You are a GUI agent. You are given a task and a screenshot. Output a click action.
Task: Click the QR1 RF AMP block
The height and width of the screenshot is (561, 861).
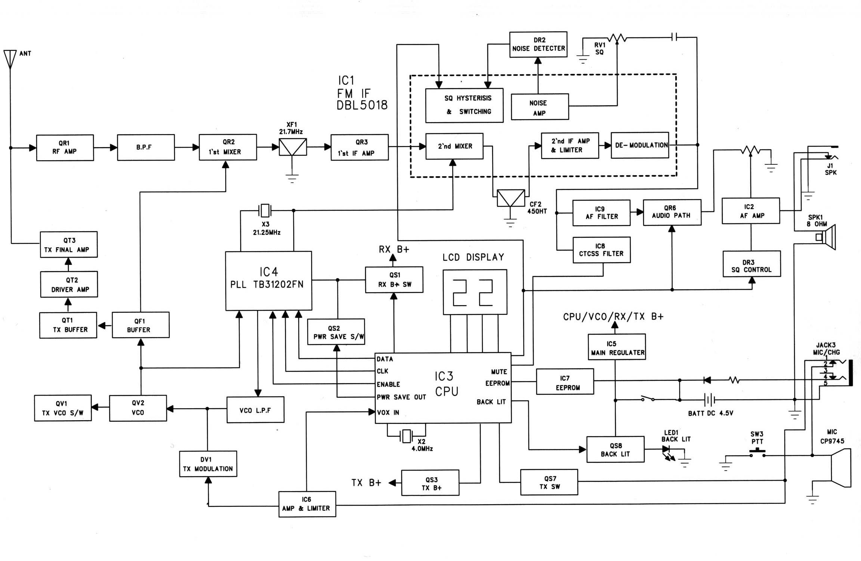[x=65, y=148]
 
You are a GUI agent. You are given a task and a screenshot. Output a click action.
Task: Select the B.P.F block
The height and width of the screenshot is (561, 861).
[x=146, y=148]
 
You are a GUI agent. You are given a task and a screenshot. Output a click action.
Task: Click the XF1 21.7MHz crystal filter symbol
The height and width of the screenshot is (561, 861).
[x=293, y=147]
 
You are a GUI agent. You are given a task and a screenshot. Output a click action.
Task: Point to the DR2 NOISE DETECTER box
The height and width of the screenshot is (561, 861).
[x=538, y=44]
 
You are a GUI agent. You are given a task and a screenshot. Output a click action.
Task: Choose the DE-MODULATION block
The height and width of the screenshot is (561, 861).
[x=640, y=145]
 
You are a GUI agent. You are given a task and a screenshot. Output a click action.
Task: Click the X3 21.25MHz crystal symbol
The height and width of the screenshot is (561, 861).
[x=265, y=210]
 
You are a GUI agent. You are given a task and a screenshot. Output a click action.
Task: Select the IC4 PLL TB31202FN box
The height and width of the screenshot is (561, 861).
[x=268, y=280]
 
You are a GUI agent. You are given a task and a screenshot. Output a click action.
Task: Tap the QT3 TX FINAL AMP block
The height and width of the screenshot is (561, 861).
[x=69, y=245]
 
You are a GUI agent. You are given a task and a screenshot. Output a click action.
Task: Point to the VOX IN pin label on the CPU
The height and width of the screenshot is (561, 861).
[x=388, y=412]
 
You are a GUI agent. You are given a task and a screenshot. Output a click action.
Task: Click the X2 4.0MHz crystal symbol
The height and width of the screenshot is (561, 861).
[x=406, y=436]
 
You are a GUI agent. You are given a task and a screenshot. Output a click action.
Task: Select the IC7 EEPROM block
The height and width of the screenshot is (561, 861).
[x=565, y=381]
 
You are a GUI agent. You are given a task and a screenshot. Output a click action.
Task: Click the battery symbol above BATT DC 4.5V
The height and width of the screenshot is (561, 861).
[x=709, y=400]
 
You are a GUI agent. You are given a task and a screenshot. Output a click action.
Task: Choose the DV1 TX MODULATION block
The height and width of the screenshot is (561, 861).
[x=208, y=464]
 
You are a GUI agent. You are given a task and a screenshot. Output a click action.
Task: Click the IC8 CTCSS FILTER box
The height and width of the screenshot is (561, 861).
[x=601, y=250]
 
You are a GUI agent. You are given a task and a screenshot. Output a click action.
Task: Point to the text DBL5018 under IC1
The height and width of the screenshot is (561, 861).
[x=362, y=105]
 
